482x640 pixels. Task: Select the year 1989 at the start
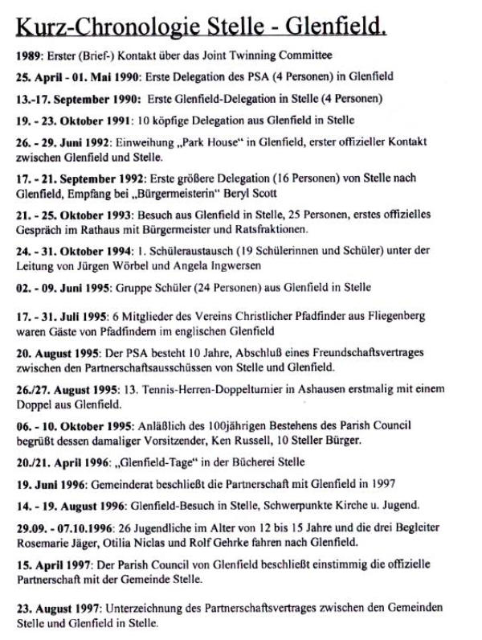click(28, 56)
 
